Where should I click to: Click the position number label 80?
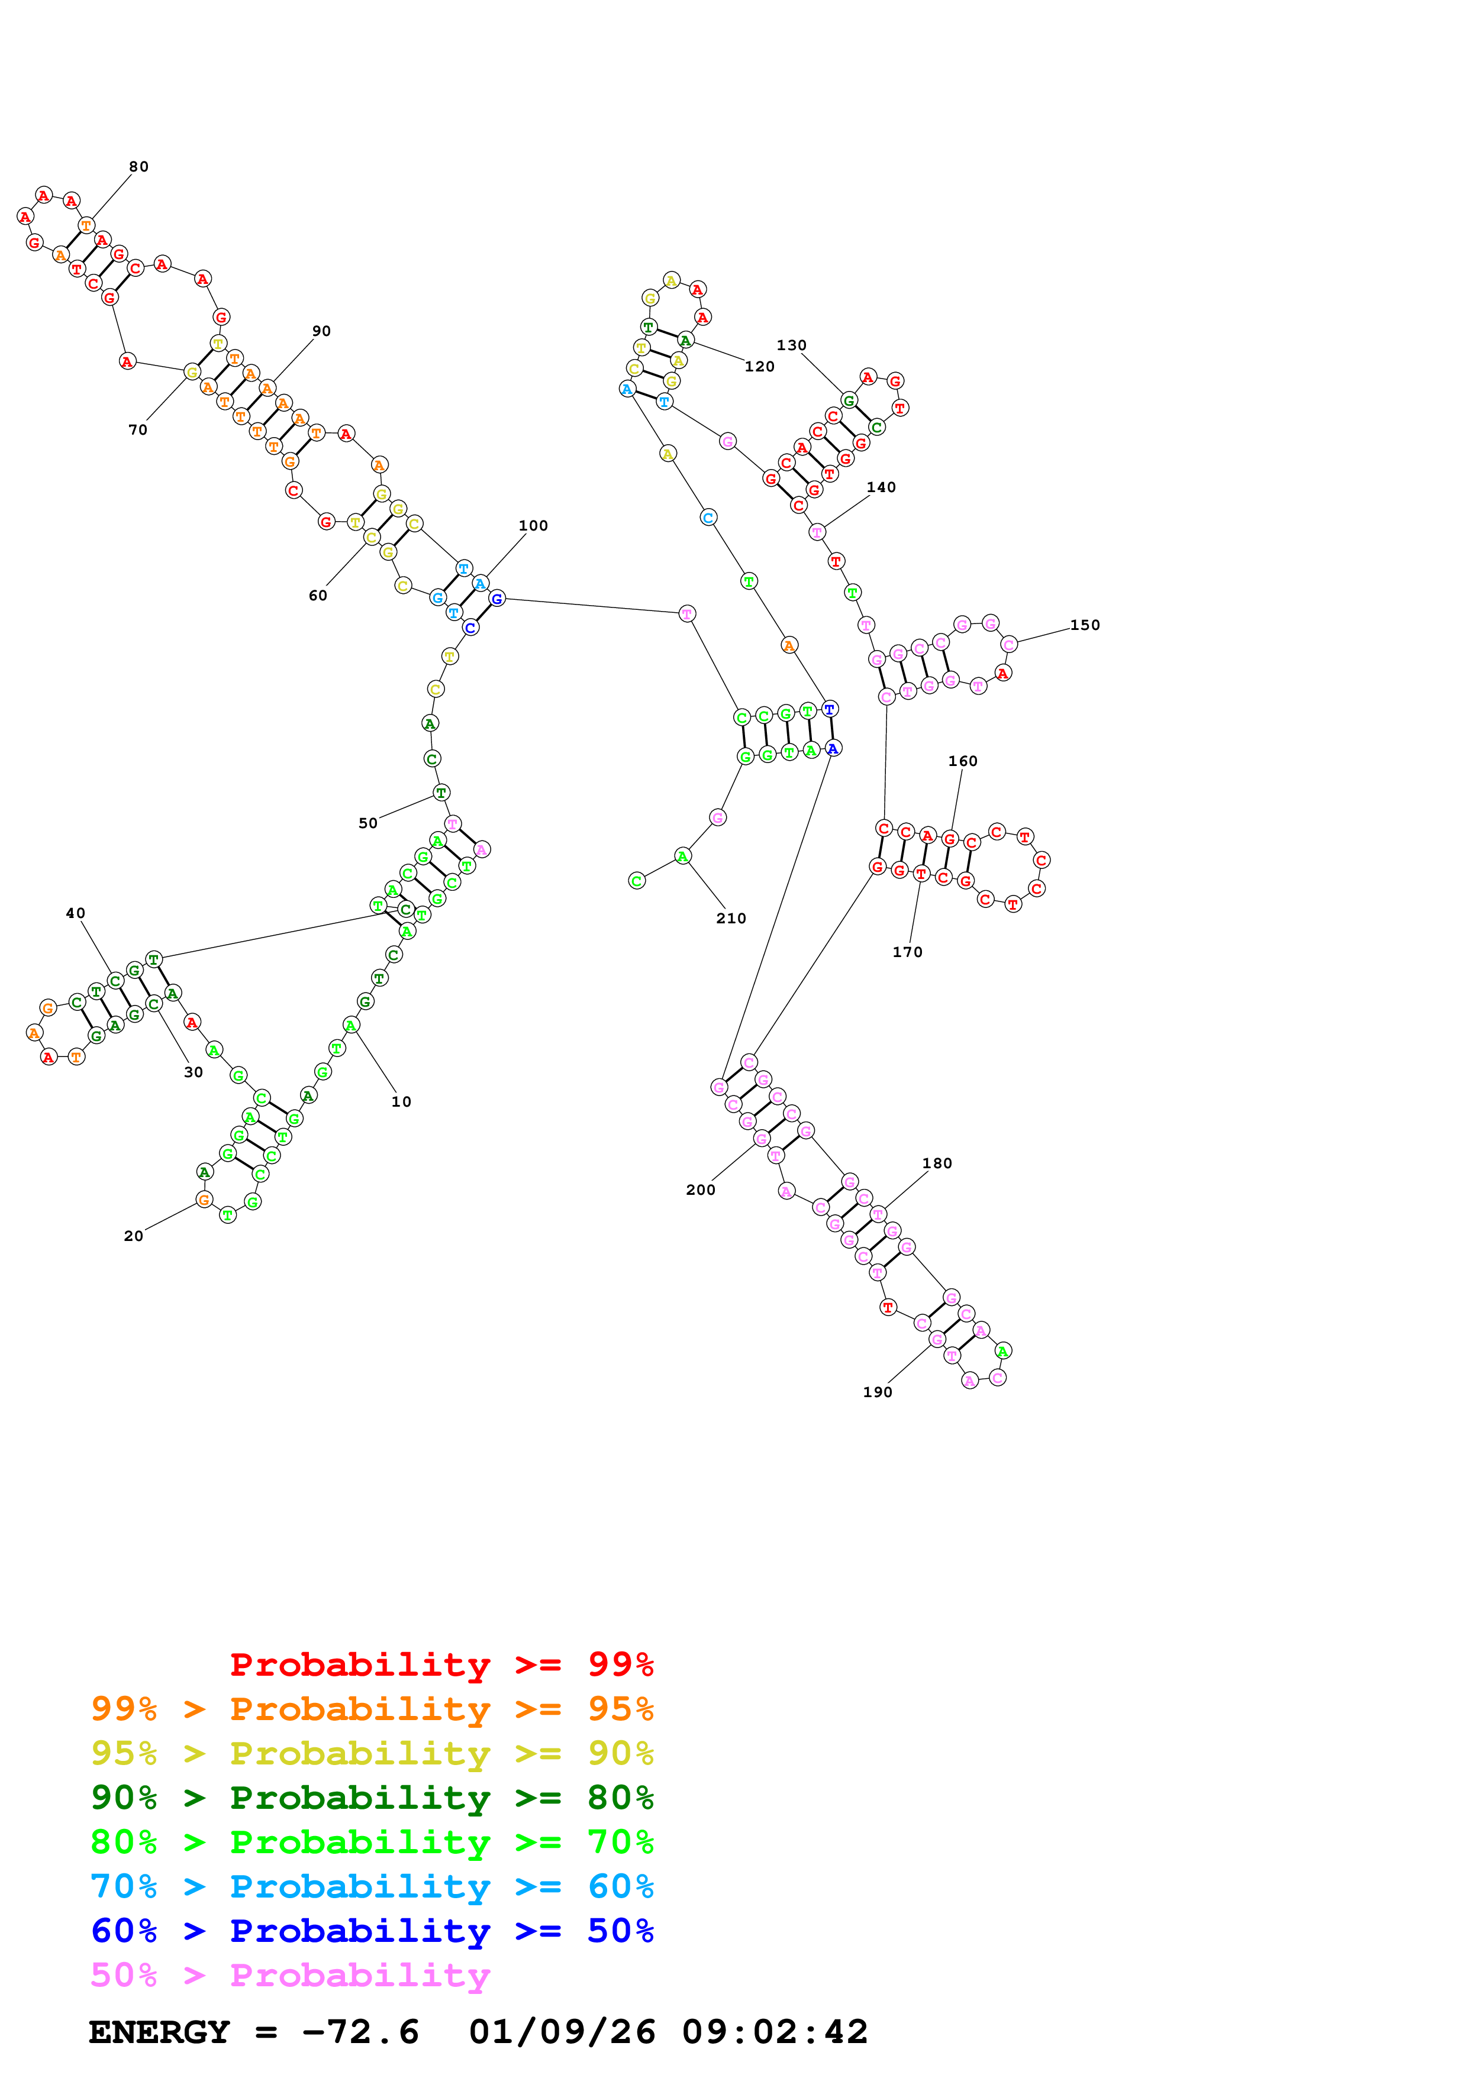(138, 166)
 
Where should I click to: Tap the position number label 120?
(759, 366)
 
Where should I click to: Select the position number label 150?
(1085, 625)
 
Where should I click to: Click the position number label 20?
(134, 1236)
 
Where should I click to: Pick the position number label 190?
(878, 1392)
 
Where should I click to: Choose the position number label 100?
(533, 525)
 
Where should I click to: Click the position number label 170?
(908, 952)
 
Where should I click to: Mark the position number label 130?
(792, 345)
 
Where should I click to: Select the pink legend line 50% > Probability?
(290, 1974)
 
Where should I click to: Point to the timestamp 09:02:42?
(775, 2032)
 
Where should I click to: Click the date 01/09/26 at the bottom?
(562, 2032)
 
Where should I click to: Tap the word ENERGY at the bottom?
(159, 2032)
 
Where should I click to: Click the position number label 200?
(701, 1190)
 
